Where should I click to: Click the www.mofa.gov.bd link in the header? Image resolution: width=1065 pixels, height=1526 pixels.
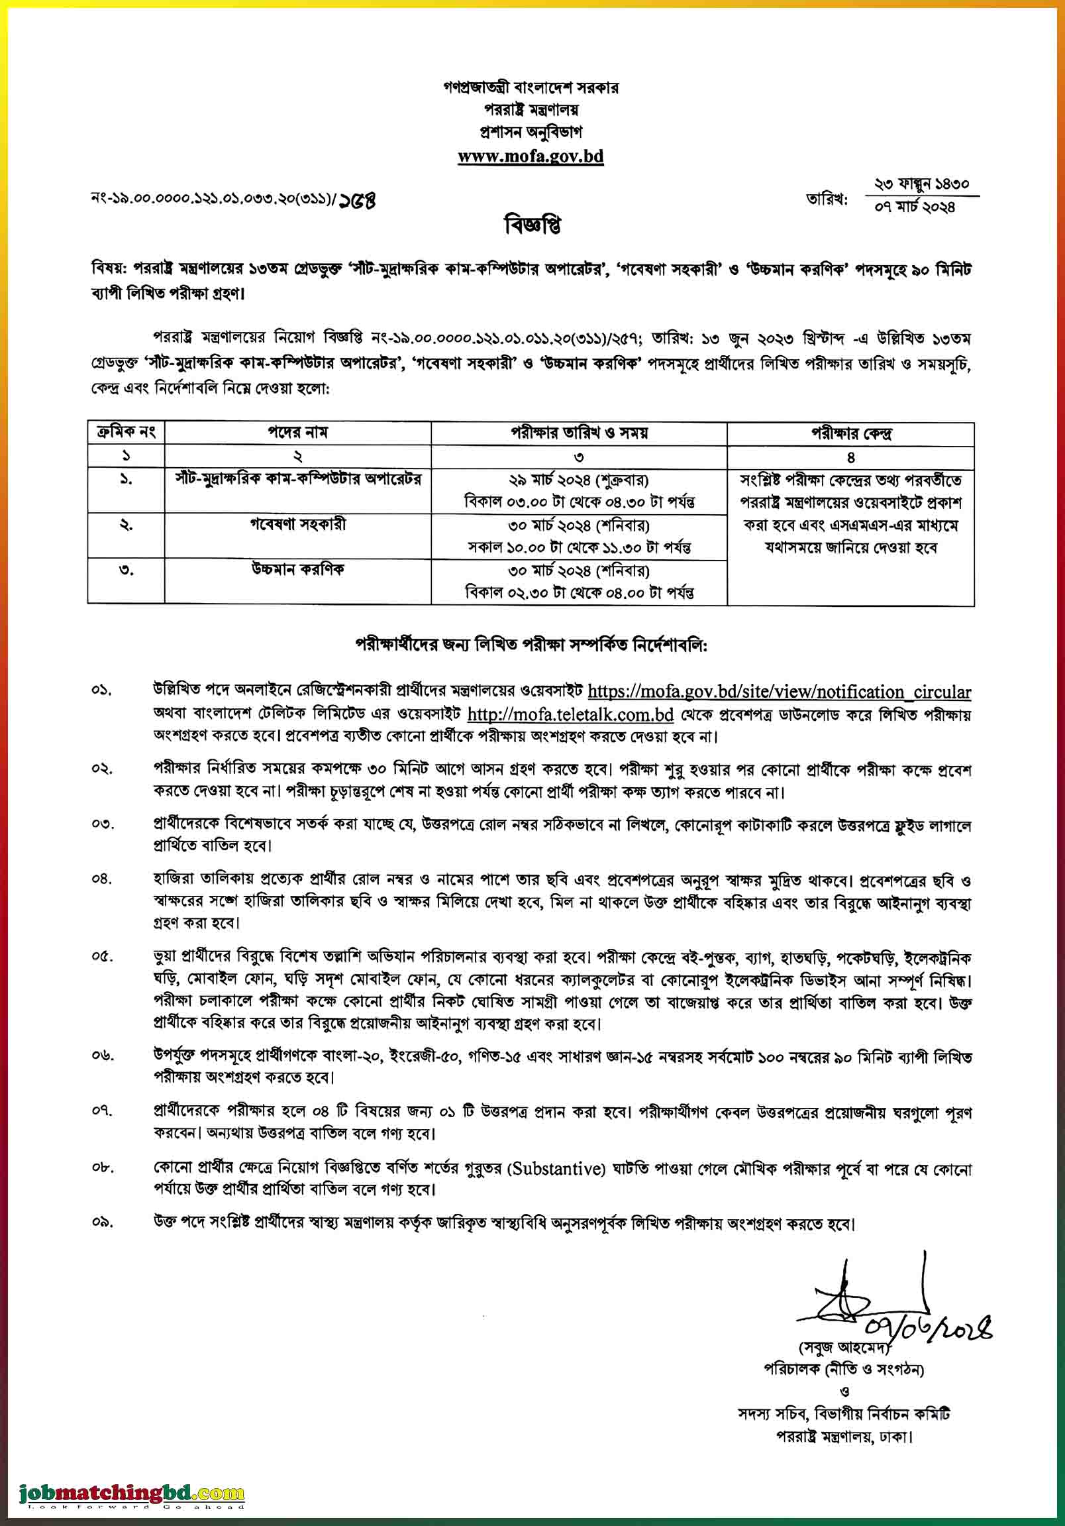click(530, 157)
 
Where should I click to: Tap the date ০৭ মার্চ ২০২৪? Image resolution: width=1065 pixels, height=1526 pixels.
click(915, 207)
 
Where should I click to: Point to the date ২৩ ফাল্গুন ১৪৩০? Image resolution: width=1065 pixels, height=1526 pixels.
click(921, 184)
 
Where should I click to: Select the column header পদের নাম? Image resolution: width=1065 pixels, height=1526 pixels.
click(297, 433)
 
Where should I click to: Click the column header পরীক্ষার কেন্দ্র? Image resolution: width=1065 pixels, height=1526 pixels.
click(850, 434)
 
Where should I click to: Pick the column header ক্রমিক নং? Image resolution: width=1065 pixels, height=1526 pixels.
click(127, 433)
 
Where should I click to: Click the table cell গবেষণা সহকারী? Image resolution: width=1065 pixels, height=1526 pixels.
click(297, 524)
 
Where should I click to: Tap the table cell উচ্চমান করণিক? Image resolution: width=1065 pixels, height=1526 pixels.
click(297, 570)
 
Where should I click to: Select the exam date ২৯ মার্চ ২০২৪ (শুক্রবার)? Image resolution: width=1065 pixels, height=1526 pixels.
click(579, 480)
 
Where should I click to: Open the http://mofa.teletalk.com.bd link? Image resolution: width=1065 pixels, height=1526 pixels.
click(571, 715)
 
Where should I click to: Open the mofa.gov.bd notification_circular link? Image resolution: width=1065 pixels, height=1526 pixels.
click(779, 692)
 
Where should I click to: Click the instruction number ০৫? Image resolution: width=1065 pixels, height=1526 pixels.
click(102, 957)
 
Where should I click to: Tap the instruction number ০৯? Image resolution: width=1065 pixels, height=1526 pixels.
click(102, 1223)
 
